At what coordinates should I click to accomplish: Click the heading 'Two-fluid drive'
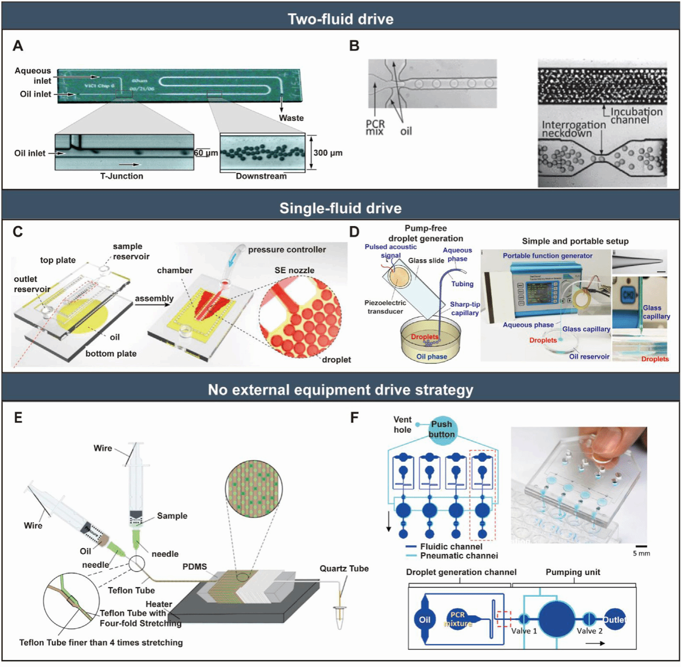(x=340, y=19)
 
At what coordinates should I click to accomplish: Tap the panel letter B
(x=354, y=46)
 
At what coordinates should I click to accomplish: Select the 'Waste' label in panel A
(x=291, y=118)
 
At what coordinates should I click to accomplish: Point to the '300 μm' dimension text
(x=328, y=153)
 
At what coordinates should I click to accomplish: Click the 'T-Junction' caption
(x=122, y=176)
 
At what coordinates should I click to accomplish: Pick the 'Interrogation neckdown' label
(x=573, y=129)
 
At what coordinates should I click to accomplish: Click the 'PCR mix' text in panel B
(x=375, y=127)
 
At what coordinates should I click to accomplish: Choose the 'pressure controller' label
(x=287, y=250)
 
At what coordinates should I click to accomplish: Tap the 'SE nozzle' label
(x=294, y=270)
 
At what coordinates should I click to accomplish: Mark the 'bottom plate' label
(x=111, y=354)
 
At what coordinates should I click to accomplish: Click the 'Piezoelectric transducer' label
(x=385, y=307)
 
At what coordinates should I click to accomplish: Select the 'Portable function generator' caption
(x=547, y=256)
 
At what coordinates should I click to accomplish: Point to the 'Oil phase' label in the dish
(x=431, y=356)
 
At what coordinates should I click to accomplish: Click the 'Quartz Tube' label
(x=344, y=569)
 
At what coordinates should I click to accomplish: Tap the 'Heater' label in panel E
(x=159, y=604)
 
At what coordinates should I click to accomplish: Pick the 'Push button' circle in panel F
(x=441, y=429)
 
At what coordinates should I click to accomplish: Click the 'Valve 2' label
(x=590, y=631)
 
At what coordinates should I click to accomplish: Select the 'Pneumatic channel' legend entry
(x=459, y=556)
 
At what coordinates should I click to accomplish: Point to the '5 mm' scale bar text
(x=641, y=553)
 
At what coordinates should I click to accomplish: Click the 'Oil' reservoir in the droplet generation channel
(x=425, y=620)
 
